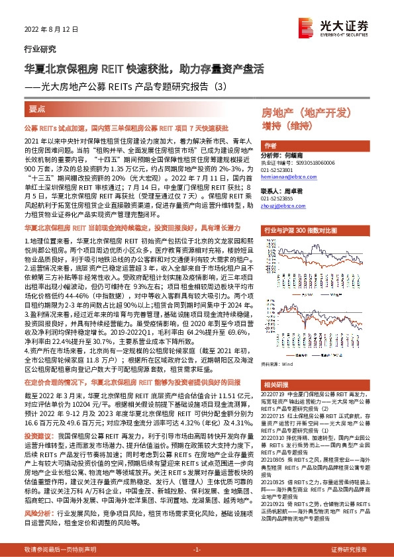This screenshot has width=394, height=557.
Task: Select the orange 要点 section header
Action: coord(38,107)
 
